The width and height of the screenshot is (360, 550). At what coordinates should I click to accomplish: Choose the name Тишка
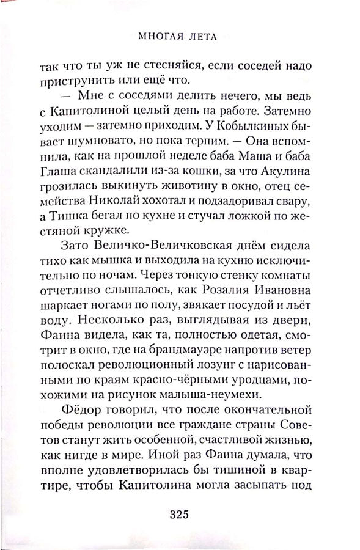pyautogui.click(x=70, y=240)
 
